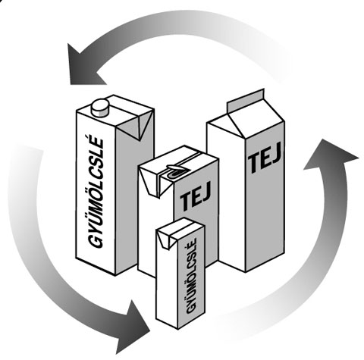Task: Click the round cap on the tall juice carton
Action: pos(100,108)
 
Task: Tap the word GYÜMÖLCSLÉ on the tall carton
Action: pos(96,193)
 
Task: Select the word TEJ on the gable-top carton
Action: pos(265,158)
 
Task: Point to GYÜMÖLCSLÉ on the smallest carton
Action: pos(191,276)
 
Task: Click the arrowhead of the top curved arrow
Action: pos(83,65)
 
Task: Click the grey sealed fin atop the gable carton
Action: pos(246,100)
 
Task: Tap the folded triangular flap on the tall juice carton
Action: pos(138,125)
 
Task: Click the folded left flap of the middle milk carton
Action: pos(149,183)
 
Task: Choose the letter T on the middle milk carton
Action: pos(185,202)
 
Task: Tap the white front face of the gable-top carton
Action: pos(226,195)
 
